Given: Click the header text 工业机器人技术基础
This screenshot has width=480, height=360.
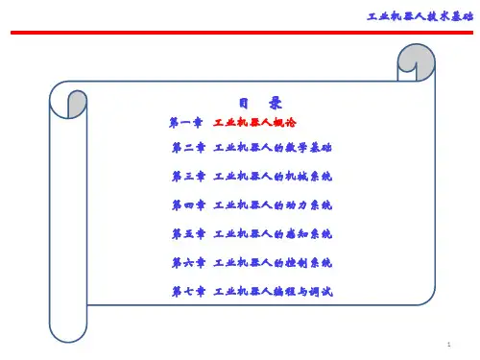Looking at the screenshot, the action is click(x=420, y=16).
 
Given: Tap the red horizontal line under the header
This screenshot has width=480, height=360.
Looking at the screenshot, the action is click(x=242, y=33).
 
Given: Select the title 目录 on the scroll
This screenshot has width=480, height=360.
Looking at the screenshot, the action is click(x=260, y=103).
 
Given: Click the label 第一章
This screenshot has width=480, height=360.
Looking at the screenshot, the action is click(x=186, y=123).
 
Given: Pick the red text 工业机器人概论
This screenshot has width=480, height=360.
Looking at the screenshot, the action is click(x=254, y=123).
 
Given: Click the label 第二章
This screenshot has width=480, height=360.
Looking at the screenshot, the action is click(x=188, y=148).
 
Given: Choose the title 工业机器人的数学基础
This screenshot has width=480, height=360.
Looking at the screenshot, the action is click(x=273, y=148).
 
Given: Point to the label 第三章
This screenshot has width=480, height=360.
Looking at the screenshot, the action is click(x=188, y=177).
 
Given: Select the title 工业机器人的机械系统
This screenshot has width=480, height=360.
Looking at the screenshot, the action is click(x=273, y=177).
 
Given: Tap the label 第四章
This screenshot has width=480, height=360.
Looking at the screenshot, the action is click(x=188, y=205).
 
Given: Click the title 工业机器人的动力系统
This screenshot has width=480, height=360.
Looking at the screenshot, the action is click(x=273, y=205).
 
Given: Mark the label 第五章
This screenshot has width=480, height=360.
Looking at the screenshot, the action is click(x=188, y=234).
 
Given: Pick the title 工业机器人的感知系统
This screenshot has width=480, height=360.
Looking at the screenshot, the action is click(x=273, y=234).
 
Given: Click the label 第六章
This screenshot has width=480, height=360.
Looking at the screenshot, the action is click(x=188, y=263).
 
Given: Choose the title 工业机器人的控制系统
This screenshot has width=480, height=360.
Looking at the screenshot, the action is click(x=273, y=263).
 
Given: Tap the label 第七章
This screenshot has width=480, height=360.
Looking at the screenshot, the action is click(x=188, y=292).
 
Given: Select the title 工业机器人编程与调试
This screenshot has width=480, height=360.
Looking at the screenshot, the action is click(x=274, y=292).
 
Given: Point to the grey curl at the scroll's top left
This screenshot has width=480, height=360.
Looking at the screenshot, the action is click(x=78, y=103).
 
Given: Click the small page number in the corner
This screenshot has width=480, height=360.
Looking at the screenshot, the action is click(x=449, y=345).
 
